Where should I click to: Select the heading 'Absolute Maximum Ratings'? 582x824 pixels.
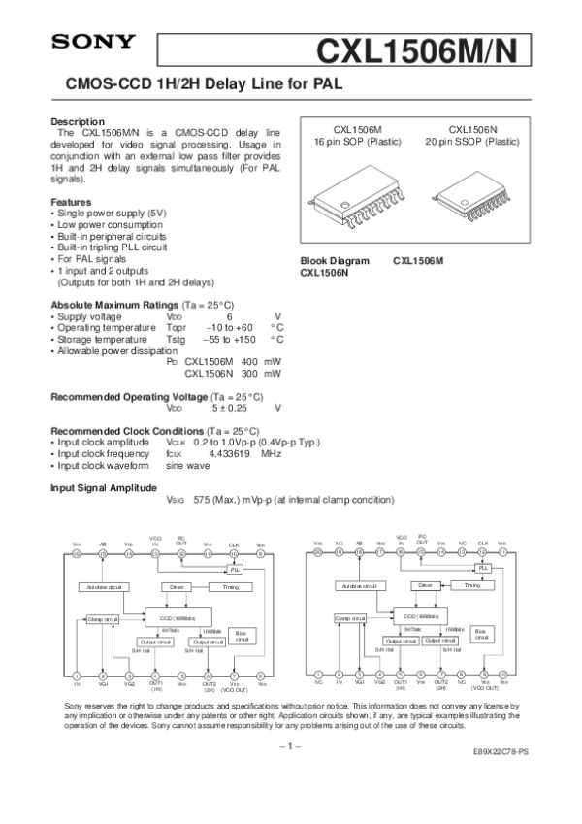[108, 304]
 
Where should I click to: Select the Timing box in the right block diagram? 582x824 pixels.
[472, 586]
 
